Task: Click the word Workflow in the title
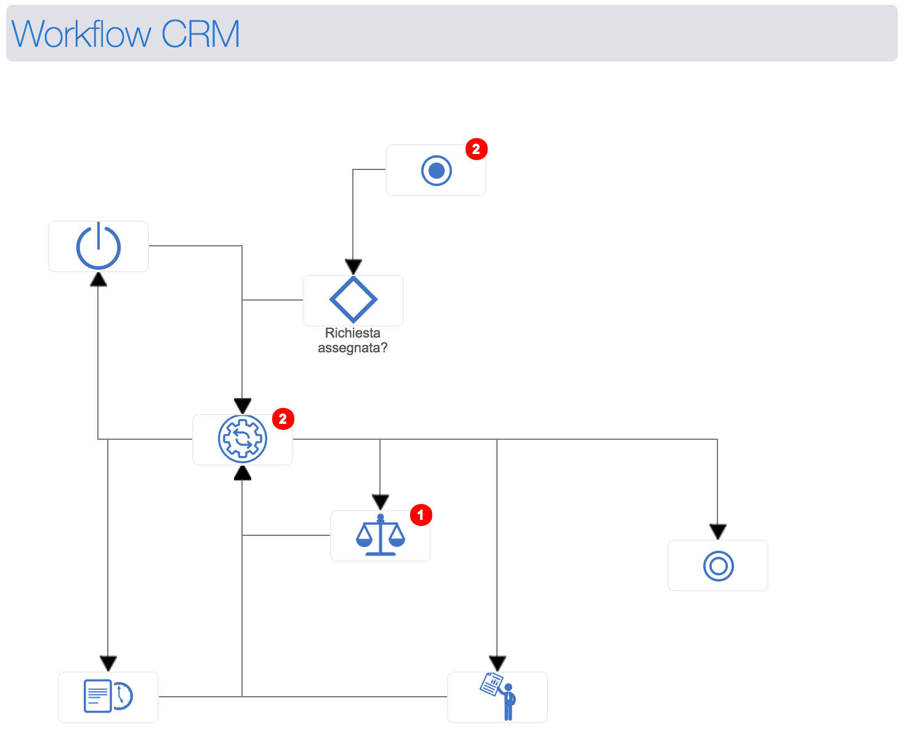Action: coord(81,34)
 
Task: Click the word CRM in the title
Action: coord(200,34)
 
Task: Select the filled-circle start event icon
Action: coord(437,171)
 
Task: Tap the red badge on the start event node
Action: coord(476,149)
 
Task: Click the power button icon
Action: coord(99,246)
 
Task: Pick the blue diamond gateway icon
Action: coord(353,300)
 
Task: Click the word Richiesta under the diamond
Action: coord(353,333)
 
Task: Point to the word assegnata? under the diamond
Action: coord(353,348)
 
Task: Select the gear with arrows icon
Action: coord(243,439)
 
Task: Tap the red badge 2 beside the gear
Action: coord(283,419)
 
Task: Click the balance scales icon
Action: coord(381,535)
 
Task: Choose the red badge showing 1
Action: coord(421,514)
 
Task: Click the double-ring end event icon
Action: coord(719,565)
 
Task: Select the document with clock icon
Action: coord(108,696)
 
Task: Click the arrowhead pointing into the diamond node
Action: coord(353,267)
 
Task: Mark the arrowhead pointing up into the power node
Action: coord(99,280)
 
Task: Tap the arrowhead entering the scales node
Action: coord(381,502)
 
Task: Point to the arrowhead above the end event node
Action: coord(718,532)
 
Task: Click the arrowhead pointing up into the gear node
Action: coord(243,472)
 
